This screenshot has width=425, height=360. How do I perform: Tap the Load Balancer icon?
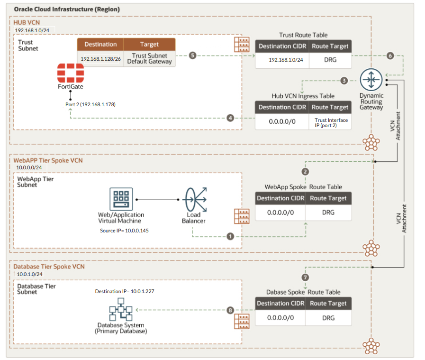193,200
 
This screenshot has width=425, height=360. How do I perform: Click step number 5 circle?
192,55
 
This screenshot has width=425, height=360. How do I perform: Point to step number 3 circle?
344,81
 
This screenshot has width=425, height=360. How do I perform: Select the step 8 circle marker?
230,310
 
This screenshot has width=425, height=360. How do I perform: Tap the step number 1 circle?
230,236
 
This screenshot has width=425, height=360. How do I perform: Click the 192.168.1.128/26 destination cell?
100,59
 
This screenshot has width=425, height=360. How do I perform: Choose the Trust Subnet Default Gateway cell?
149,59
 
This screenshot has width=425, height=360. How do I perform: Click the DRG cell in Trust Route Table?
330,60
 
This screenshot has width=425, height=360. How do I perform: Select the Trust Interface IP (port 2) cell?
331,122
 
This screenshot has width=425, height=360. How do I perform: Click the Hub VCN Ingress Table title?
303,96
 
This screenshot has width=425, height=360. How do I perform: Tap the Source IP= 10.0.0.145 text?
121,230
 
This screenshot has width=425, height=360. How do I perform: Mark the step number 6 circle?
390,55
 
